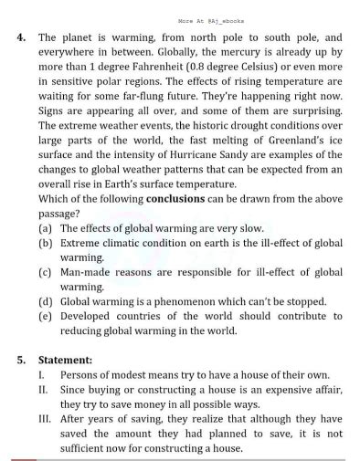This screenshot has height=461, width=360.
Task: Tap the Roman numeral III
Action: coord(44,417)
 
